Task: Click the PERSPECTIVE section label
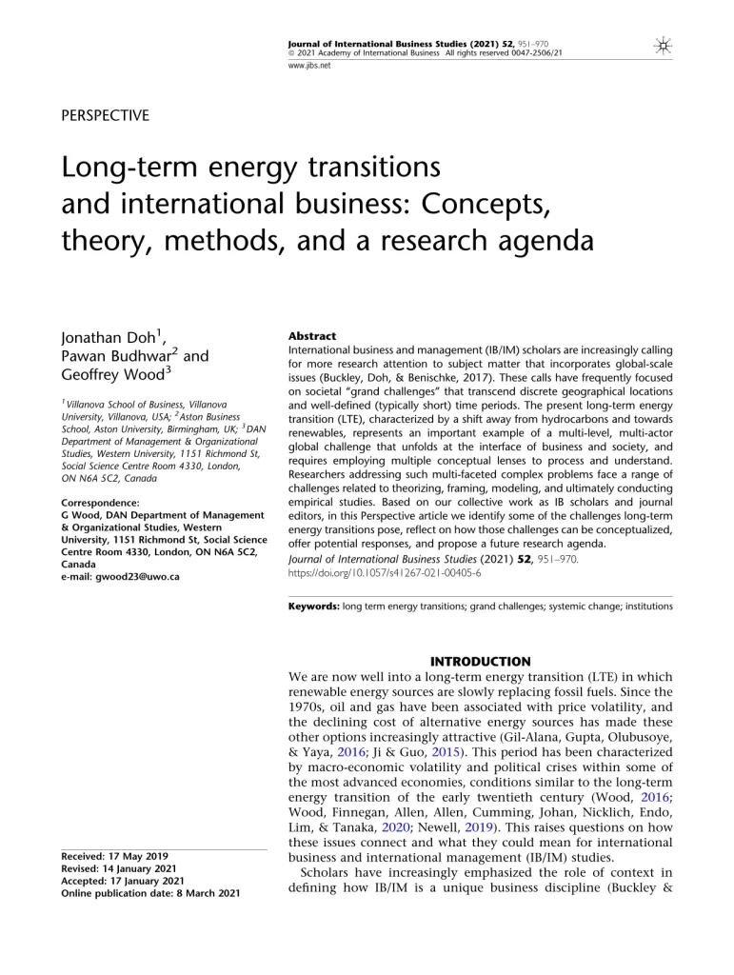click(x=105, y=116)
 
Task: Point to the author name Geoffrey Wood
click(x=112, y=375)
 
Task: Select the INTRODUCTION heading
click(x=481, y=661)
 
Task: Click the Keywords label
click(x=313, y=606)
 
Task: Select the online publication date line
click(x=150, y=893)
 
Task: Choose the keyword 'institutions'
click(x=642, y=606)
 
